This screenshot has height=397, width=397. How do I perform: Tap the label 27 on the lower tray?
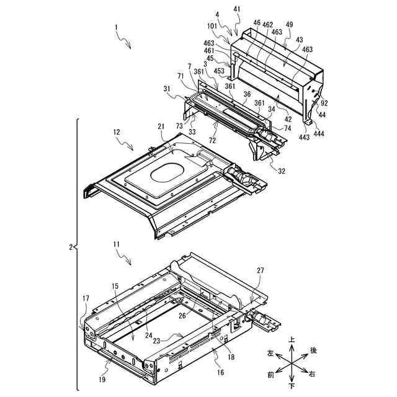(259, 270)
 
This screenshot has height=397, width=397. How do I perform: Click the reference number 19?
(102, 380)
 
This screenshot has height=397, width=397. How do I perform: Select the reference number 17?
(86, 298)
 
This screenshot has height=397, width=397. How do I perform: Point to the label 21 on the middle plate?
(161, 127)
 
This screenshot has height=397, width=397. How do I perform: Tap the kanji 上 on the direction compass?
(292, 340)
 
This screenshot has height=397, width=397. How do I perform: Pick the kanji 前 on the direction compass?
(270, 374)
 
